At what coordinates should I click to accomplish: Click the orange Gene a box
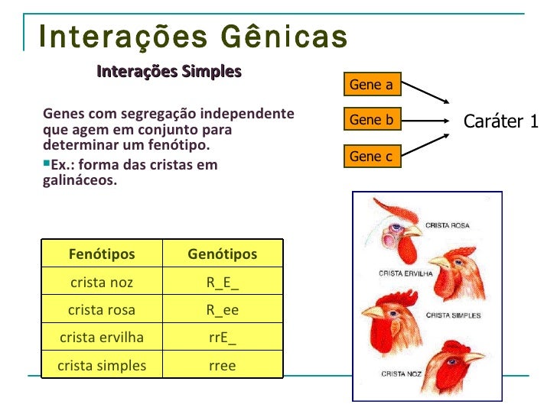370,85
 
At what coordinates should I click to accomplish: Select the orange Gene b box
370,121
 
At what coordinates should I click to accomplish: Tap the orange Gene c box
370,157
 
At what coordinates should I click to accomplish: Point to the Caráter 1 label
501,121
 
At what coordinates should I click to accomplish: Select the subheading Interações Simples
169,72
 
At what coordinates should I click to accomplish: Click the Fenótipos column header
102,254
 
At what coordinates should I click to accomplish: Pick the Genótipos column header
223,254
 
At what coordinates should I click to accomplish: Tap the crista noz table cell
102,283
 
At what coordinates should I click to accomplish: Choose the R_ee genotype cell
223,310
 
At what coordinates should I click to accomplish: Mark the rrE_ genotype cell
223,338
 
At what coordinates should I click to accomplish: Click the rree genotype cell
223,366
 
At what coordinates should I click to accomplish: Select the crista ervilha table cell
102,338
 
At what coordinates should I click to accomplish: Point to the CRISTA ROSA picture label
448,225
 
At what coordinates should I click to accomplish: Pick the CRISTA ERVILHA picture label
406,273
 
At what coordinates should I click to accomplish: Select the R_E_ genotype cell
223,283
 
